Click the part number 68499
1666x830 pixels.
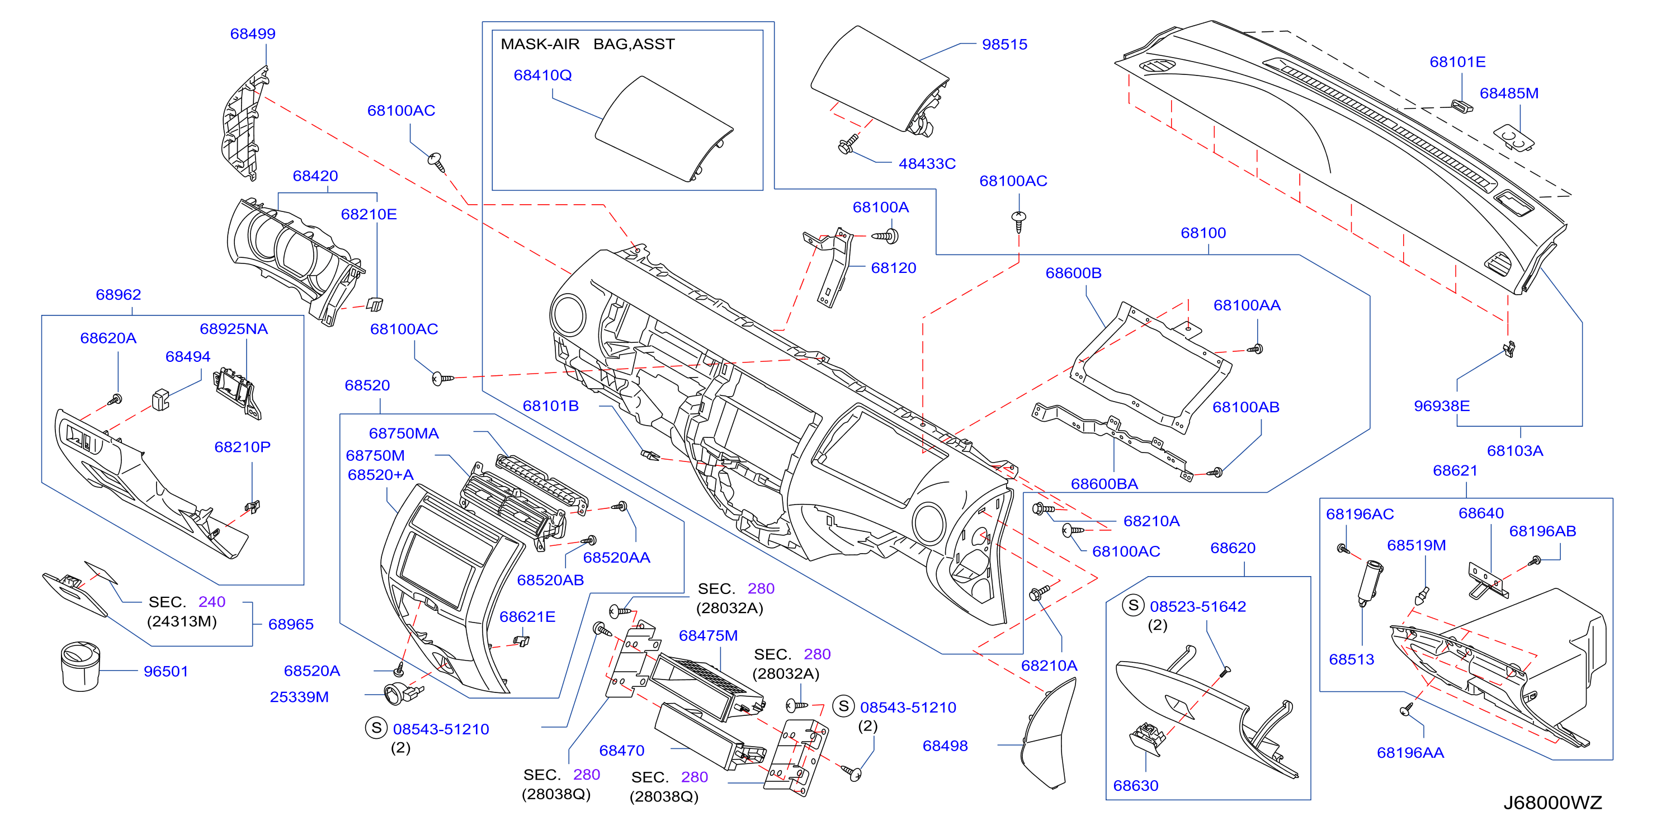point(253,34)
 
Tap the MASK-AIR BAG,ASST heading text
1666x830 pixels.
point(587,44)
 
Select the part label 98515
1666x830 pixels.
point(1004,45)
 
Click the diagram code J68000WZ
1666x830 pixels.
point(1552,803)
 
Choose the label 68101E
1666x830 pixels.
point(1457,62)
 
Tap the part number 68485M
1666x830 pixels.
point(1509,93)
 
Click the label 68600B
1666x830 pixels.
point(1074,273)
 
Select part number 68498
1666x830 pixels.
point(945,746)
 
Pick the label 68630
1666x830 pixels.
point(1136,785)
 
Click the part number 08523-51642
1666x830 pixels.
point(1198,607)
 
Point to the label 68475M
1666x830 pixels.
point(708,636)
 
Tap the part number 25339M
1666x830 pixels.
point(299,697)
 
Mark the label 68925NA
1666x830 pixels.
point(233,329)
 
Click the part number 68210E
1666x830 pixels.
point(369,214)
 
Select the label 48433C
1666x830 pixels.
point(927,164)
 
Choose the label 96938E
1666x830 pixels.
point(1442,406)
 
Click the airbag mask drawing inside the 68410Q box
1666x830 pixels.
point(664,129)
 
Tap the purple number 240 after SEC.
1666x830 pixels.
point(212,602)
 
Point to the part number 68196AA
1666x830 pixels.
point(1410,753)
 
